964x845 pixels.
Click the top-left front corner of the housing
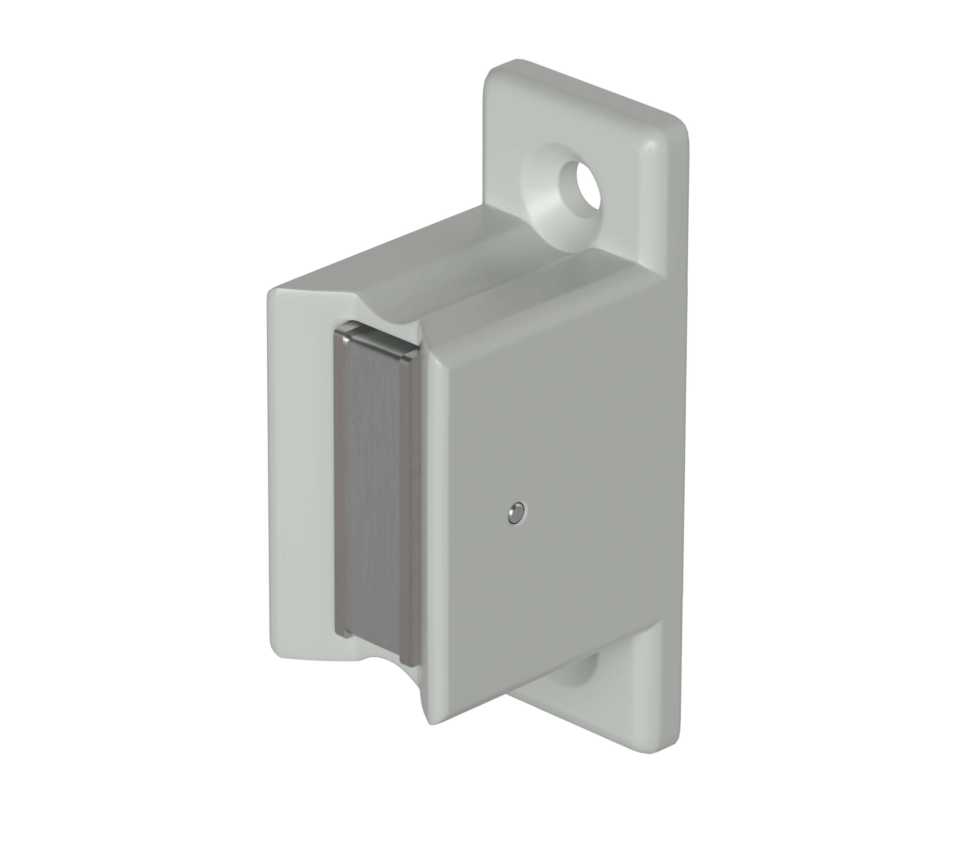click(x=273, y=295)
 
